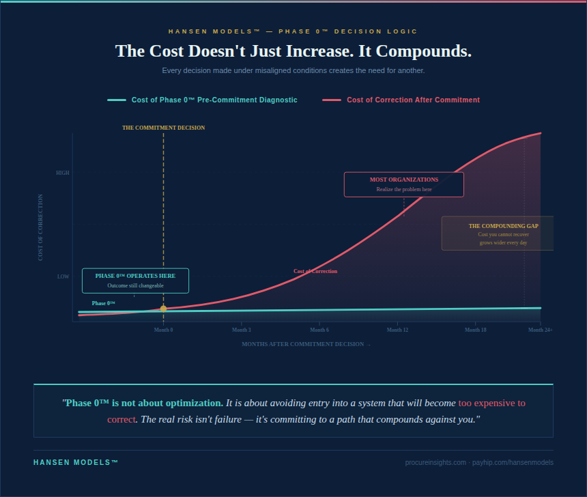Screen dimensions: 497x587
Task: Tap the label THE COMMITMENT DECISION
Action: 163,128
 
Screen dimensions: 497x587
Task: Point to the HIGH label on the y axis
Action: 63,173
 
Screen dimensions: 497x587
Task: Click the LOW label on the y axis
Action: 63,276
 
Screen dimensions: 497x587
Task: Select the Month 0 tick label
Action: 163,330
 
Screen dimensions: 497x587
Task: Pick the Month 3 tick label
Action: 241,330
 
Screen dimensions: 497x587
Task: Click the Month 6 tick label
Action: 319,330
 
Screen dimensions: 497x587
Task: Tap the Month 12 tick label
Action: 397,330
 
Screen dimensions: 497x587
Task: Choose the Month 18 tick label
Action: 475,330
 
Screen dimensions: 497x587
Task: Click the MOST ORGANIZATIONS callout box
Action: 403,184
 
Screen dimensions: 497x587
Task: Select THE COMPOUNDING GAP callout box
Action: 497,233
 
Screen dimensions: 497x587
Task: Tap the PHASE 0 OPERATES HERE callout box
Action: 135,281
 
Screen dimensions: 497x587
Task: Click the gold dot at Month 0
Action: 163,309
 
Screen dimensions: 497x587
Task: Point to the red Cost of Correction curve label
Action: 315,271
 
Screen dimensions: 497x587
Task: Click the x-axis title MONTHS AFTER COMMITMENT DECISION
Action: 306,344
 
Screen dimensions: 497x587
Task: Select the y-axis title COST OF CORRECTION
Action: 40,227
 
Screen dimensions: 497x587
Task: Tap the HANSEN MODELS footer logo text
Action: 76,462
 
